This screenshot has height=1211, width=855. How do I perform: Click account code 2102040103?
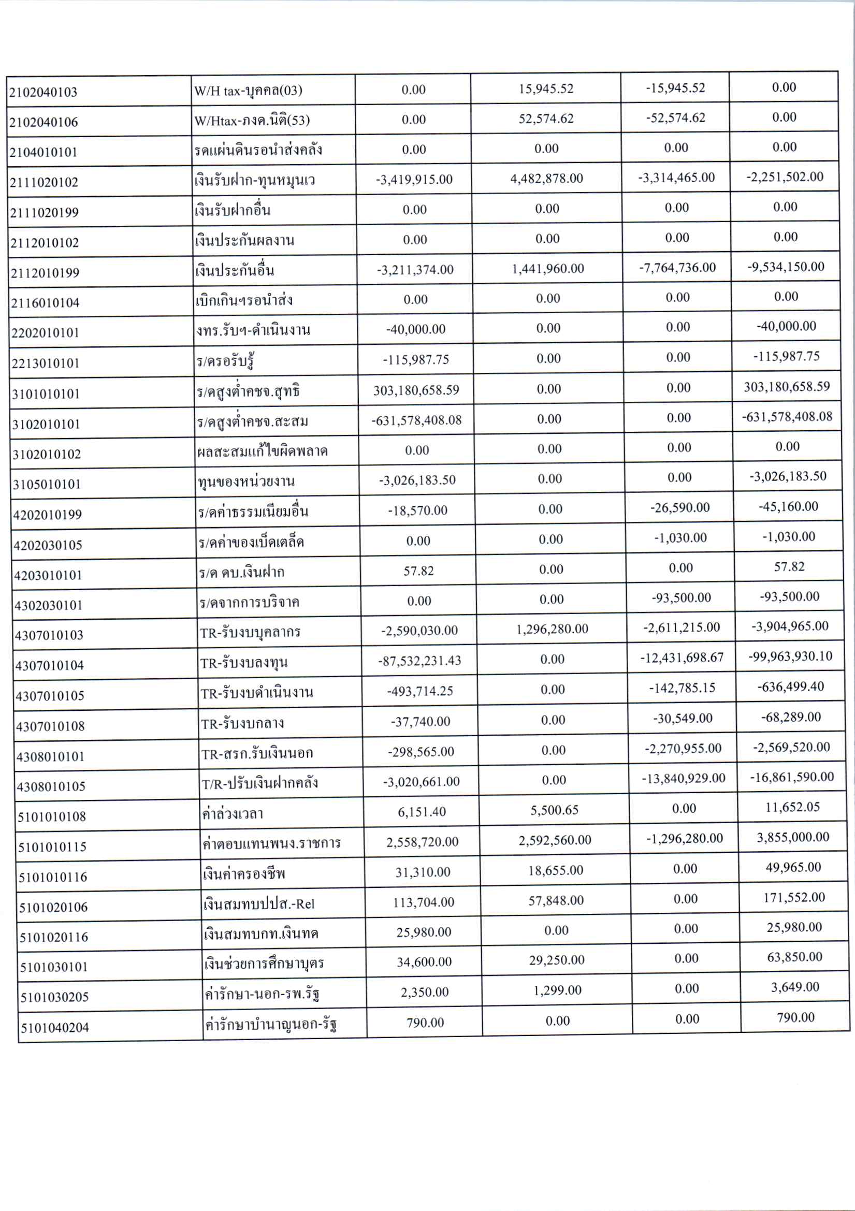[44, 92]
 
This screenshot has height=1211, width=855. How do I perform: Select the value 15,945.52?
[545, 89]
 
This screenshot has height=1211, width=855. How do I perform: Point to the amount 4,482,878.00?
[546, 179]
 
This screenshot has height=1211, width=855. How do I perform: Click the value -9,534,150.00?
[786, 267]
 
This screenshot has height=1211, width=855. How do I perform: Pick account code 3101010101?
[46, 394]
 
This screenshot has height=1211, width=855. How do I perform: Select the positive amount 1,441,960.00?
[547, 269]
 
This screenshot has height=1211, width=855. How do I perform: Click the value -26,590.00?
[680, 508]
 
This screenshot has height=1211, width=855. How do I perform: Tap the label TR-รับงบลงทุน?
[244, 663]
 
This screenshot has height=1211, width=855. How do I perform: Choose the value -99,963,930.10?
[790, 656]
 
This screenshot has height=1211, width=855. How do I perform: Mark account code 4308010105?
[51, 786]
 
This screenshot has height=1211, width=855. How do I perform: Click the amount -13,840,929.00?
[683, 779]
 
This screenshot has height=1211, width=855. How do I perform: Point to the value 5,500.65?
[554, 810]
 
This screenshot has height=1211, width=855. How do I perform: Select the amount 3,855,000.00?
[793, 838]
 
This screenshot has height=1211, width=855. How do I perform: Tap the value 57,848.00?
[556, 900]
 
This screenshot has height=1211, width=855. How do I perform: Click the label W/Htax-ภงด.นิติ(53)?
[252, 121]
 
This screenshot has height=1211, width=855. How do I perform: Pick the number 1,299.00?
[557, 990]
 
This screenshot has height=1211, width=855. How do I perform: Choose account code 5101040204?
[55, 1027]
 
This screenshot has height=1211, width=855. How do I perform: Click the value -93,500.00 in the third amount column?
[681, 598]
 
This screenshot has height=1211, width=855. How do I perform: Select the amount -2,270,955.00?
[683, 749]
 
